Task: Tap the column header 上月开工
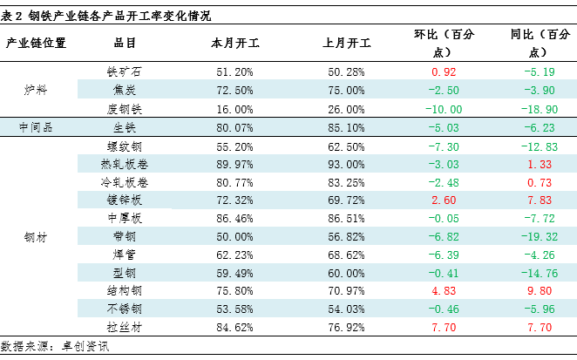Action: pos(346,42)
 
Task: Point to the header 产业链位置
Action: pos(37,42)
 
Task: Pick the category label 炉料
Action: pos(37,90)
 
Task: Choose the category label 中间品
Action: pos(37,127)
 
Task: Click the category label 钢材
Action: pos(37,236)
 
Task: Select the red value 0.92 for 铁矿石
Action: pos(444,71)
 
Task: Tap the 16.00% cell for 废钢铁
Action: pos(234,109)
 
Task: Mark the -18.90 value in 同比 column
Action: pos(540,109)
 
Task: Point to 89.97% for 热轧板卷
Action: pos(234,164)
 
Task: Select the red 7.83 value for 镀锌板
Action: pos(540,200)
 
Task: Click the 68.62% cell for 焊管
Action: pos(345,255)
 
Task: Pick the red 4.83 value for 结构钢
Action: pos(444,291)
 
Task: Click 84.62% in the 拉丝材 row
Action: pos(234,328)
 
